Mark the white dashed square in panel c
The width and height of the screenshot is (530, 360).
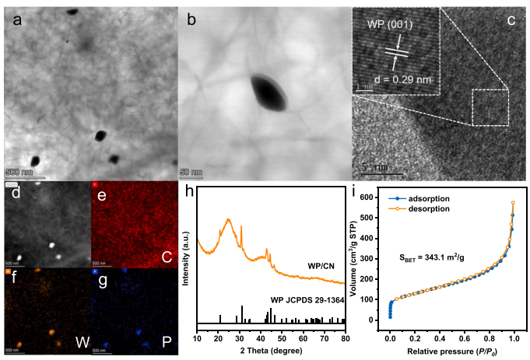click(x=490, y=107)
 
